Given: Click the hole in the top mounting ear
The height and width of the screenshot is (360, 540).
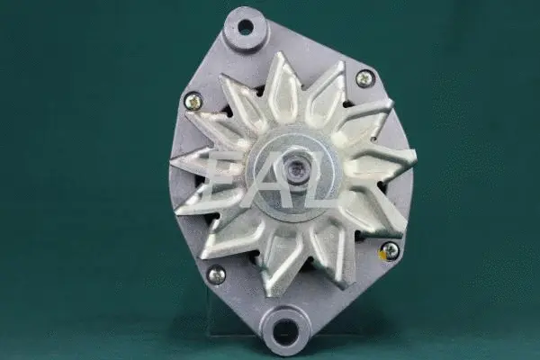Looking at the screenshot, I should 246,27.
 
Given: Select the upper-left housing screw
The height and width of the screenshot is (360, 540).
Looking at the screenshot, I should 193,101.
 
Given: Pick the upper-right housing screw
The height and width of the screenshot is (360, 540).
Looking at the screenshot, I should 364,78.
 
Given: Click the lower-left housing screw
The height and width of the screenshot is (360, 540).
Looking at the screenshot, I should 216,274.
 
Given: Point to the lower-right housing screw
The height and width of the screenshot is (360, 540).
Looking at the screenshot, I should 390,250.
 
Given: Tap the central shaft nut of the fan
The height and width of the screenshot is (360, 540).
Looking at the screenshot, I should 294,168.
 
